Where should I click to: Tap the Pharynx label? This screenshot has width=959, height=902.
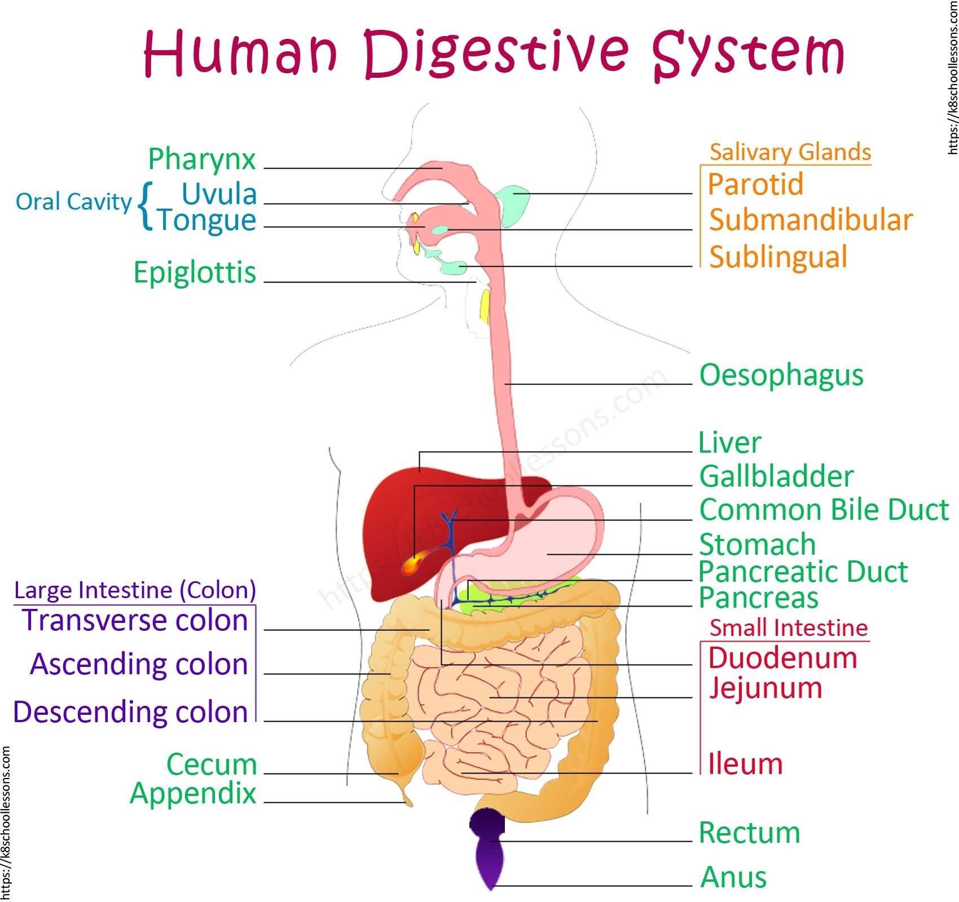click(x=201, y=160)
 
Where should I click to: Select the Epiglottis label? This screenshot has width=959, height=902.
click(x=195, y=273)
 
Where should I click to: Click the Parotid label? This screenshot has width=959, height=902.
click(x=755, y=184)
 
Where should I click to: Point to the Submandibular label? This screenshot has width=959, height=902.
click(x=811, y=220)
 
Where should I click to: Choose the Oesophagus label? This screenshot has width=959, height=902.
click(x=781, y=375)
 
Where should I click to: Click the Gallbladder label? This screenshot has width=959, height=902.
click(x=776, y=477)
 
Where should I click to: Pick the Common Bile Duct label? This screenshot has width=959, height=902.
click(x=824, y=510)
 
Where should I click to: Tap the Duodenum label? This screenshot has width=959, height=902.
click(x=782, y=658)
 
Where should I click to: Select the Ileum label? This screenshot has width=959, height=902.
click(x=745, y=764)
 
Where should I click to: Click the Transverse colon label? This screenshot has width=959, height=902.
click(x=135, y=621)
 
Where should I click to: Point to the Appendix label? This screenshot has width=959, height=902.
click(x=193, y=794)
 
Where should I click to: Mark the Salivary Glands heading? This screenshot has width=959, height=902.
click(x=790, y=153)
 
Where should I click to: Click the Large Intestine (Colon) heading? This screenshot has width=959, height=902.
click(x=135, y=590)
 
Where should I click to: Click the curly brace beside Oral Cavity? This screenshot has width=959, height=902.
click(x=145, y=206)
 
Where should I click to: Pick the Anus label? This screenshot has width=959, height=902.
click(x=733, y=878)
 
